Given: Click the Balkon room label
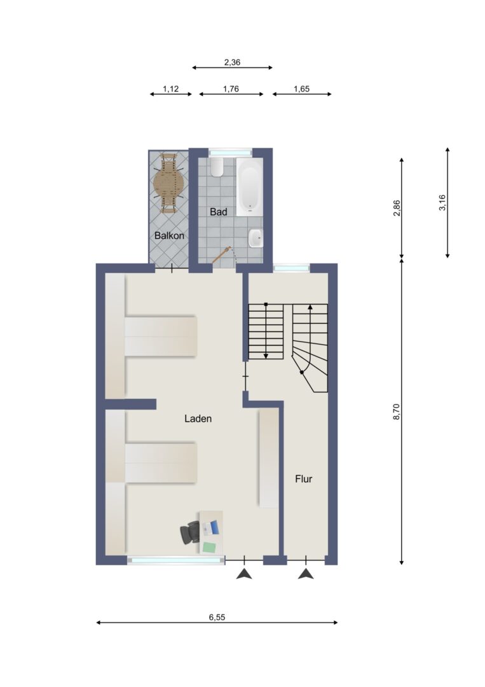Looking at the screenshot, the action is (x=169, y=236).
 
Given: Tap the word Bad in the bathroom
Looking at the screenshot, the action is (x=219, y=212).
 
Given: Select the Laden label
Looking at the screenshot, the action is (x=198, y=419).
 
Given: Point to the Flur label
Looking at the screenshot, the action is (x=303, y=479).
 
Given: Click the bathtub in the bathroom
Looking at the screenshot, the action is (x=250, y=187).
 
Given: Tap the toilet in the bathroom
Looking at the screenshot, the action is (x=216, y=167).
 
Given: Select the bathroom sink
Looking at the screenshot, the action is (x=256, y=239).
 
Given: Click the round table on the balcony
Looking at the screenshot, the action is (x=167, y=183).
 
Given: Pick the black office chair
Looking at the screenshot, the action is (x=190, y=533).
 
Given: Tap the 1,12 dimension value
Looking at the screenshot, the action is (x=171, y=89).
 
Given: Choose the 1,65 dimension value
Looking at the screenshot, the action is (x=301, y=89).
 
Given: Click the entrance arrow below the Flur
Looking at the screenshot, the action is (x=306, y=573).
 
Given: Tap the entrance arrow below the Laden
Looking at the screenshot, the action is (x=244, y=573).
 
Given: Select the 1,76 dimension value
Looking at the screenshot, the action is (x=231, y=89).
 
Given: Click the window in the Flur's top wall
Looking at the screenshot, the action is (x=292, y=267).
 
